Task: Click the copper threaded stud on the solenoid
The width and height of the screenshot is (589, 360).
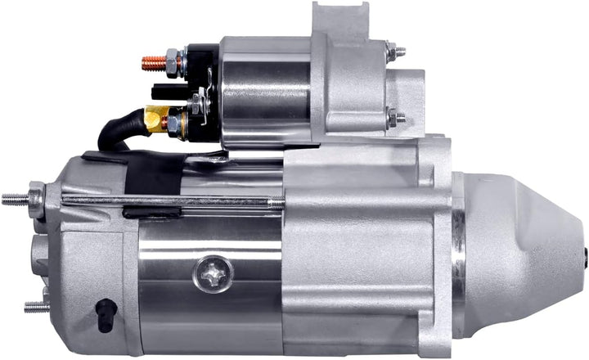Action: tap(151, 60)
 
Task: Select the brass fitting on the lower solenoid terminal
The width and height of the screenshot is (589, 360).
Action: tap(154, 118)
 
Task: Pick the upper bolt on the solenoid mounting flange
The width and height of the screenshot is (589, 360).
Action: tap(398, 52)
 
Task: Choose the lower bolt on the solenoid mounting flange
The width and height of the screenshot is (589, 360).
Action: tap(398, 116)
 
